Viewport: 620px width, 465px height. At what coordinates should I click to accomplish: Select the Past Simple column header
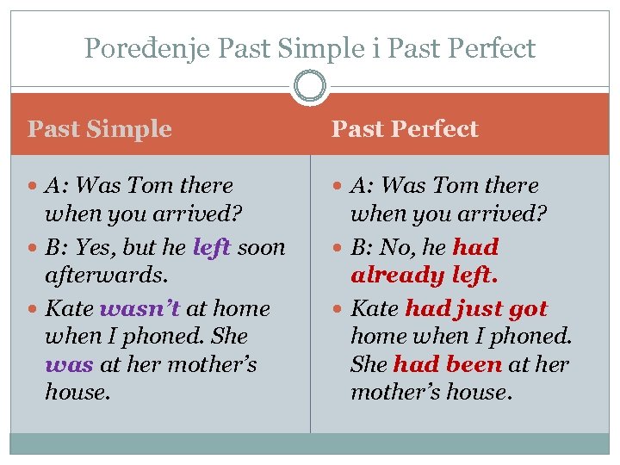(x=100, y=129)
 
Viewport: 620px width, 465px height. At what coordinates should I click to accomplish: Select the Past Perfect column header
(x=405, y=129)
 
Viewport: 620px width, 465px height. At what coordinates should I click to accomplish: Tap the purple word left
(x=212, y=247)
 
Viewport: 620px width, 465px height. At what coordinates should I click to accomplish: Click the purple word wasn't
(x=140, y=308)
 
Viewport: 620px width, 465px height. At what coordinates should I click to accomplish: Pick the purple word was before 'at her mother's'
(x=70, y=364)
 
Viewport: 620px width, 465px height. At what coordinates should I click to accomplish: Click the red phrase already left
(x=412, y=276)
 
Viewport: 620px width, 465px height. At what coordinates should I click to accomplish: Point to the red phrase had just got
(x=475, y=308)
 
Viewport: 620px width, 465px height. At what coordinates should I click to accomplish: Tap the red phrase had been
(x=447, y=364)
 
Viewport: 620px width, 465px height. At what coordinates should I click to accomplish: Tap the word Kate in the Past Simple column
(x=70, y=308)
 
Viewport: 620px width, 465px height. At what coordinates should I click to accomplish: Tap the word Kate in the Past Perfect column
(x=375, y=308)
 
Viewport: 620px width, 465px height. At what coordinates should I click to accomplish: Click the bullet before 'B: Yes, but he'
(x=34, y=248)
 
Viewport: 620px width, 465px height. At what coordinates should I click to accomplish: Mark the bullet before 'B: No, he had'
(x=339, y=248)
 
